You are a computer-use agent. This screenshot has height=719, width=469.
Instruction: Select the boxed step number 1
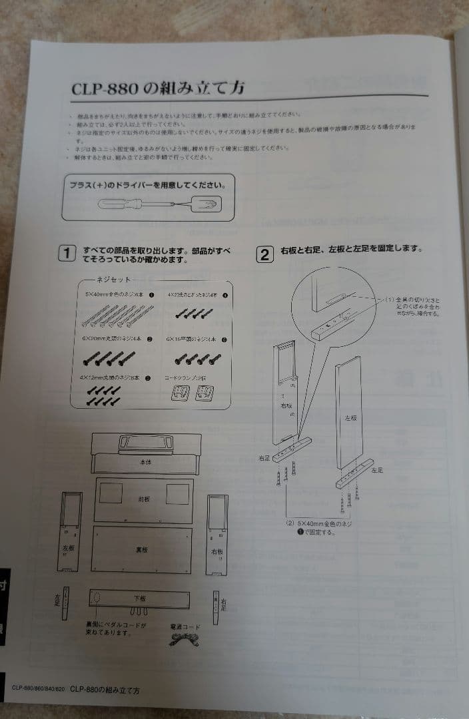pyautogui.click(x=67, y=254)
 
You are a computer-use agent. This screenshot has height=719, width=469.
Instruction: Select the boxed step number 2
pyautogui.click(x=264, y=254)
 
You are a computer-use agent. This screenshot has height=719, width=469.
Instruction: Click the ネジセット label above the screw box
pyautogui.click(x=113, y=280)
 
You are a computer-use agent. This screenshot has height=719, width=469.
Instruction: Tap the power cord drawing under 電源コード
pyautogui.click(x=183, y=638)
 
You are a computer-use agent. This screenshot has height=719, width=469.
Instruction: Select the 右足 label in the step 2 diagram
pyautogui.click(x=264, y=459)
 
